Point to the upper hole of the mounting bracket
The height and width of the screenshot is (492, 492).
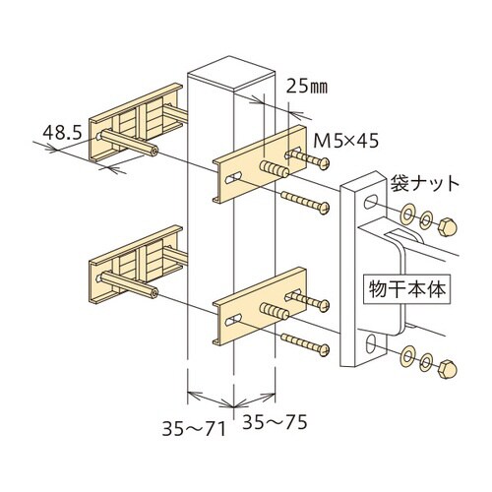(x=369, y=202)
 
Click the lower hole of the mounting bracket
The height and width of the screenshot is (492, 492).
(x=369, y=344)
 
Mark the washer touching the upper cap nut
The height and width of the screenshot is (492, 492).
(x=427, y=219)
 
